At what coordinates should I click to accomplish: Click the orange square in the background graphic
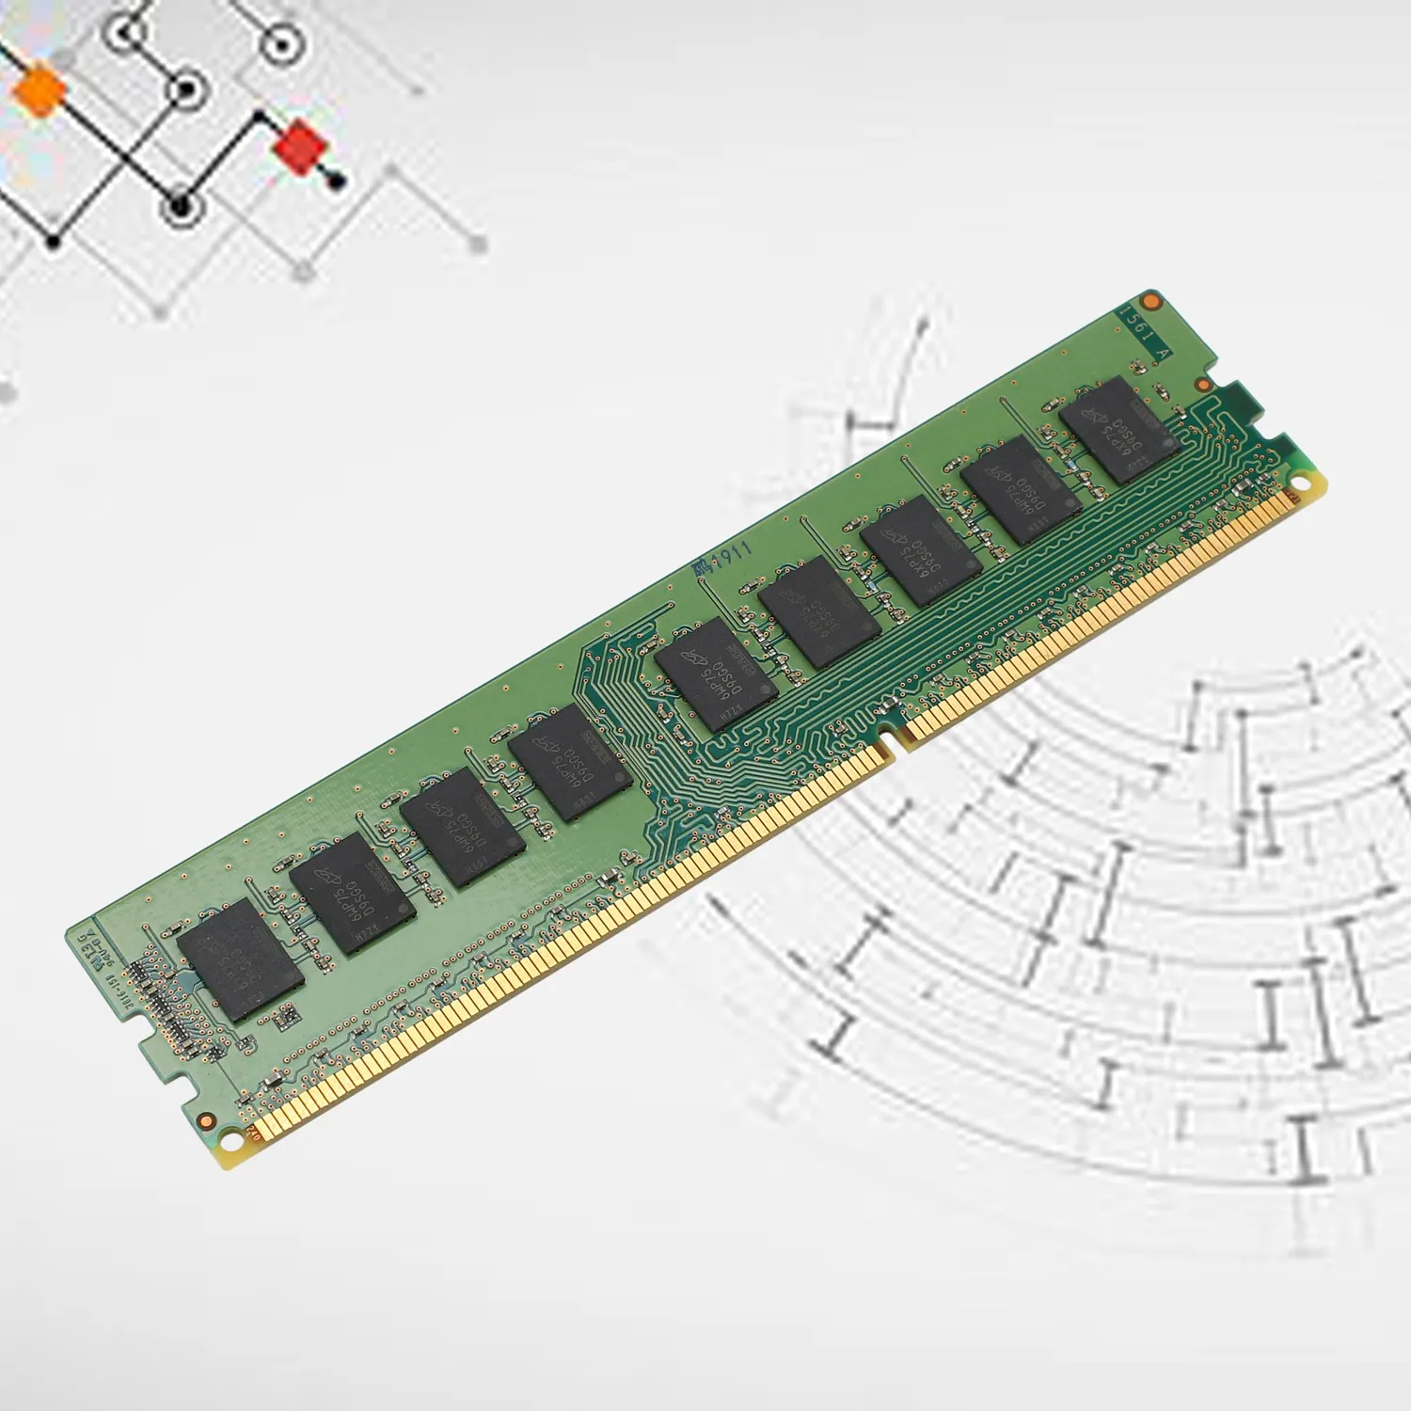[x=40, y=92]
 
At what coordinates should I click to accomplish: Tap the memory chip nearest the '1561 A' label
[x=1119, y=430]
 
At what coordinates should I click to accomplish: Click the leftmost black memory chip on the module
[x=240, y=959]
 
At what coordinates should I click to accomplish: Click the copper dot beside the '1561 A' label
[x=1150, y=301]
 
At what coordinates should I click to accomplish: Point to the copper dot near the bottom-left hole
[x=205, y=1118]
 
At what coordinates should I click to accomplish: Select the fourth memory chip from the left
[x=569, y=763]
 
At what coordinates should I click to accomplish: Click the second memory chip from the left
[x=350, y=894]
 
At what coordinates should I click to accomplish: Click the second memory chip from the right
[x=1022, y=489]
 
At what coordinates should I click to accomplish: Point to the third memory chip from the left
[x=462, y=828]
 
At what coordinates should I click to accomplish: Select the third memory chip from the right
[x=921, y=549]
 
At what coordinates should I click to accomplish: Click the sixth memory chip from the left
[x=818, y=612]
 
